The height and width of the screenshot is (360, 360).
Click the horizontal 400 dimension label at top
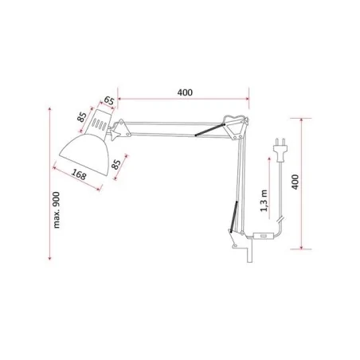tap(184, 92)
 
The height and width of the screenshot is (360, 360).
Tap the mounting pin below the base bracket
tap(248, 255)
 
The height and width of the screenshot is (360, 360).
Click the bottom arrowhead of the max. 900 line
tap(50, 260)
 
